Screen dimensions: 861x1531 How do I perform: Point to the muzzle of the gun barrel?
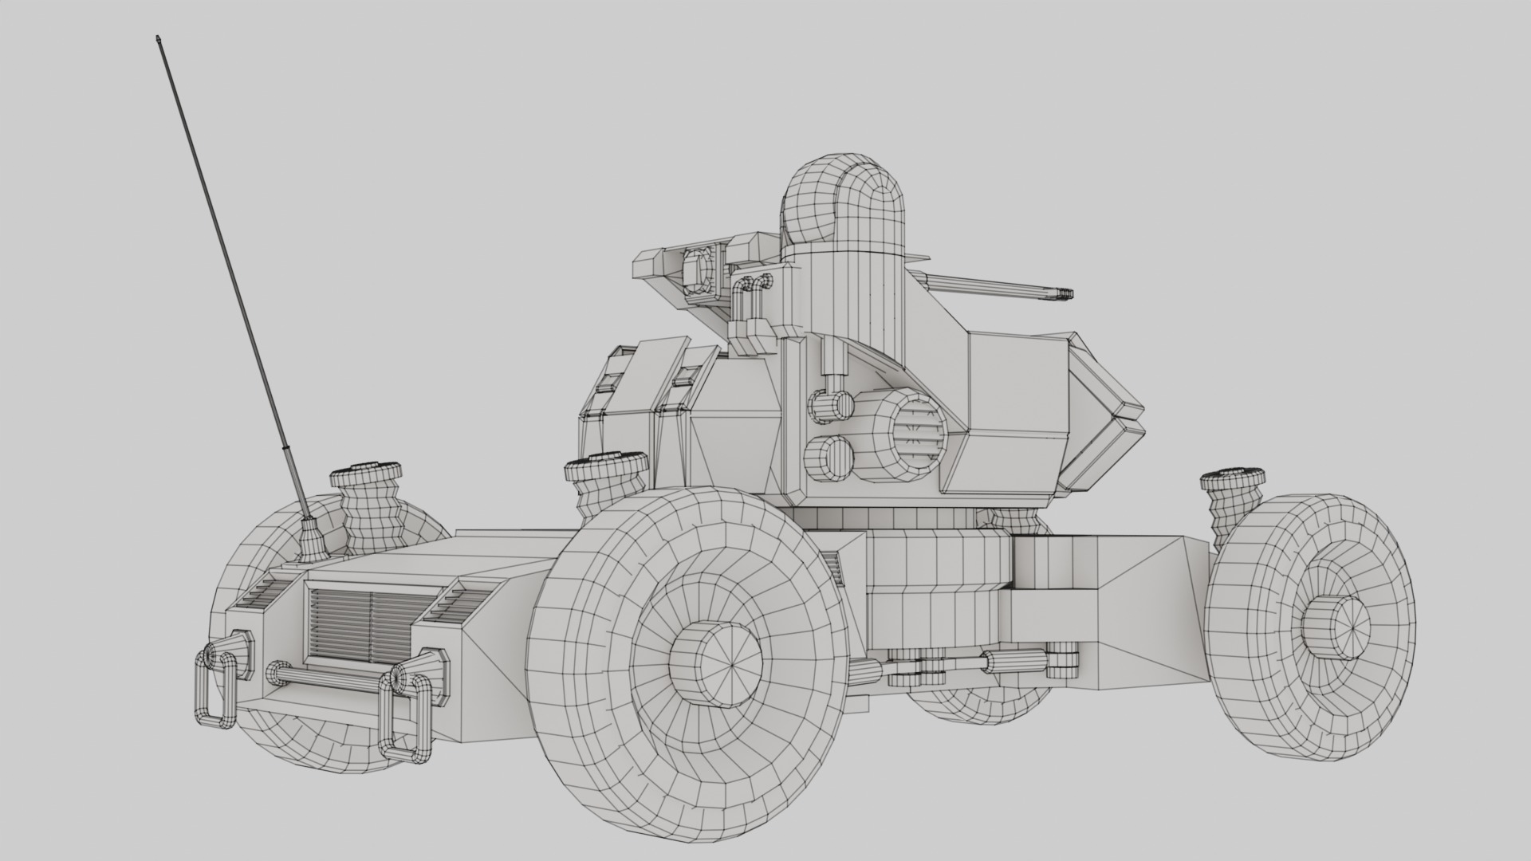point(1065,294)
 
